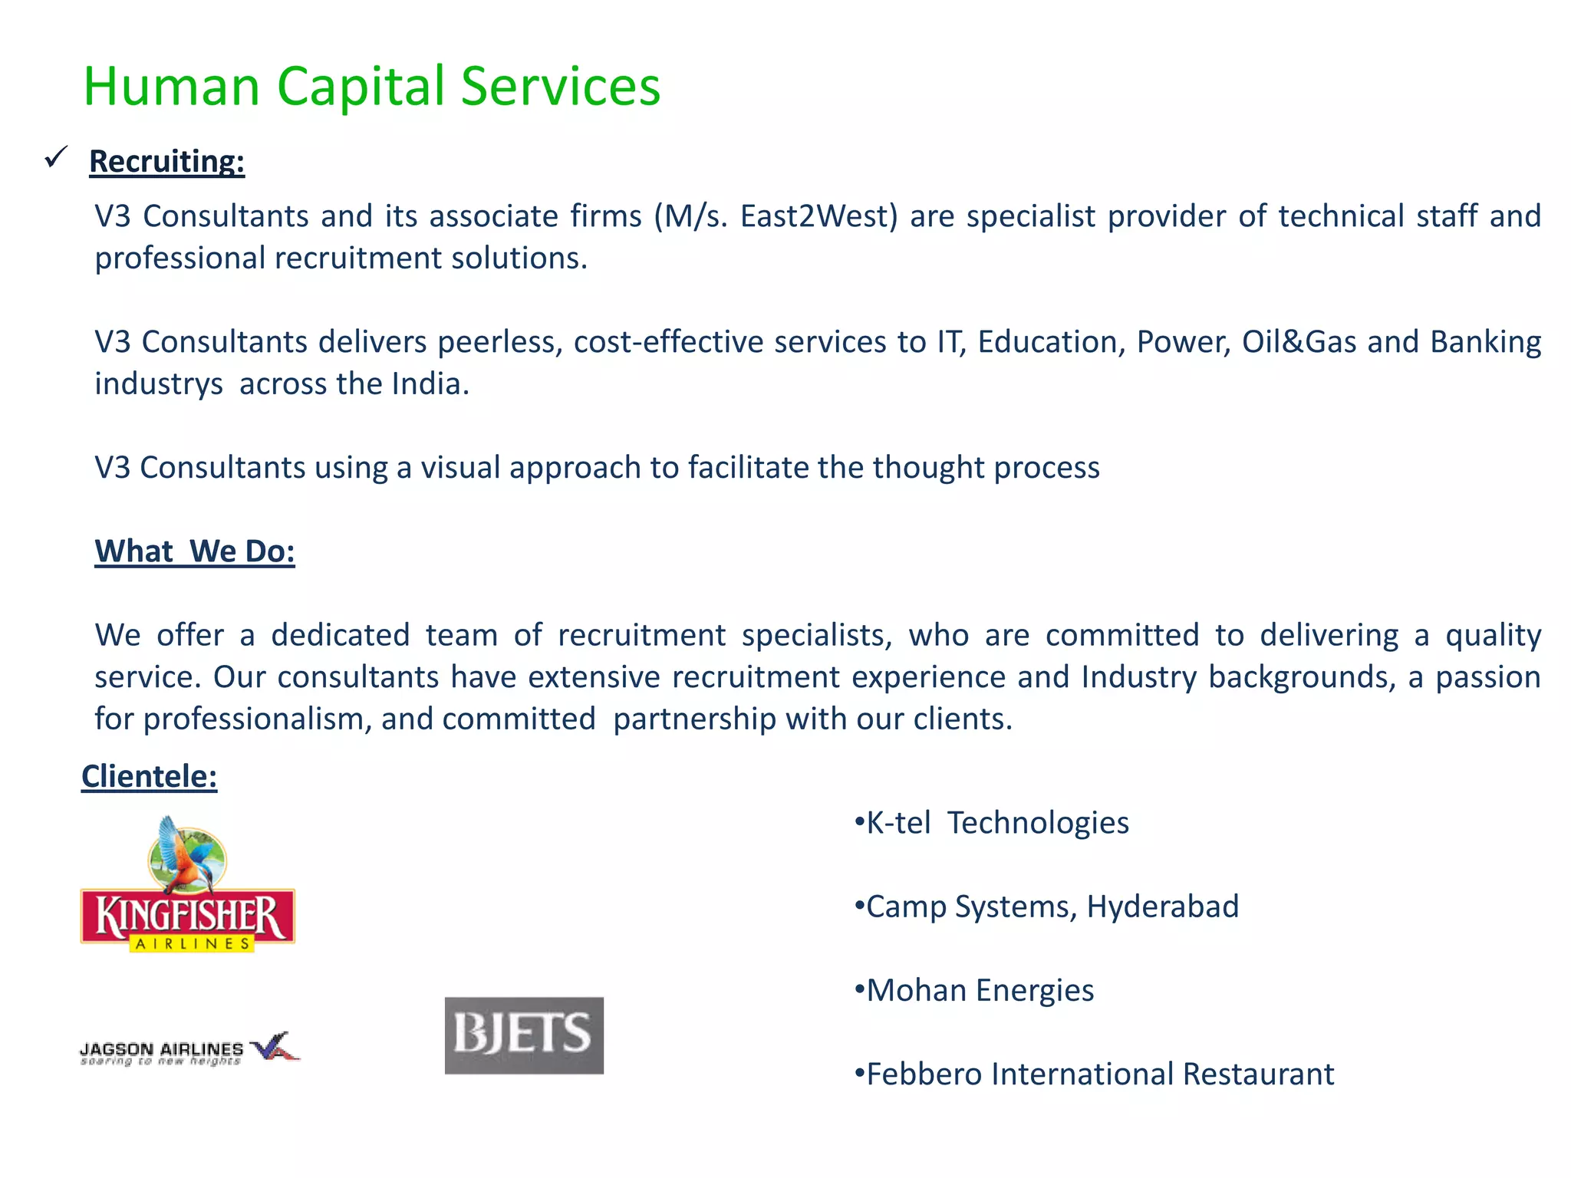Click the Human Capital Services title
pyautogui.click(x=371, y=86)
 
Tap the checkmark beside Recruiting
pyautogui.click(x=56, y=157)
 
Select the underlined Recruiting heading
pyautogui.click(x=166, y=162)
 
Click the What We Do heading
pyautogui.click(x=195, y=551)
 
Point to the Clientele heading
pyautogui.click(x=149, y=776)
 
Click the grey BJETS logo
pyautogui.click(x=524, y=1035)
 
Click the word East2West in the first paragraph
pyautogui.click(x=818, y=216)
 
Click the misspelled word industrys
pyautogui.click(x=159, y=383)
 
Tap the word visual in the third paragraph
pyautogui.click(x=460, y=467)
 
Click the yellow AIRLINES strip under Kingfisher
pyautogui.click(x=192, y=944)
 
